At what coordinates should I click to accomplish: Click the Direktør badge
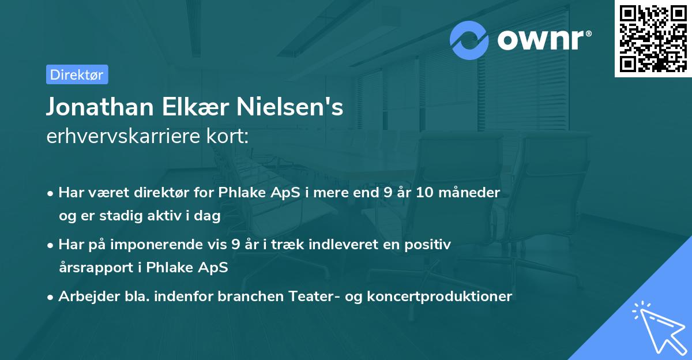click(x=77, y=74)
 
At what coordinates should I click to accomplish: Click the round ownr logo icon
click(x=469, y=40)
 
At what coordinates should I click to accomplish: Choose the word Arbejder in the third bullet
click(x=84, y=297)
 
